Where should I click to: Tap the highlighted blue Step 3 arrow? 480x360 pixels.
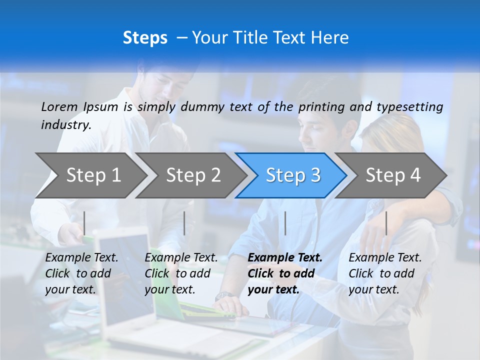coord(293,175)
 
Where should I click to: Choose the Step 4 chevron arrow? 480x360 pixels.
coord(393,175)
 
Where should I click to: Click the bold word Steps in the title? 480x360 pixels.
coord(145,37)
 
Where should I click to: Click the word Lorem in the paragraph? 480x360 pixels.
coord(59,106)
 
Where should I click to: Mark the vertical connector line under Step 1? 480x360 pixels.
coord(84,223)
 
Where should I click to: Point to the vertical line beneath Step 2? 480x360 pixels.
coord(184,223)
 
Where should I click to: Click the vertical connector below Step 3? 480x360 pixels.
coord(285,223)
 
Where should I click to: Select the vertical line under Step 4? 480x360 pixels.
coord(386,223)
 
